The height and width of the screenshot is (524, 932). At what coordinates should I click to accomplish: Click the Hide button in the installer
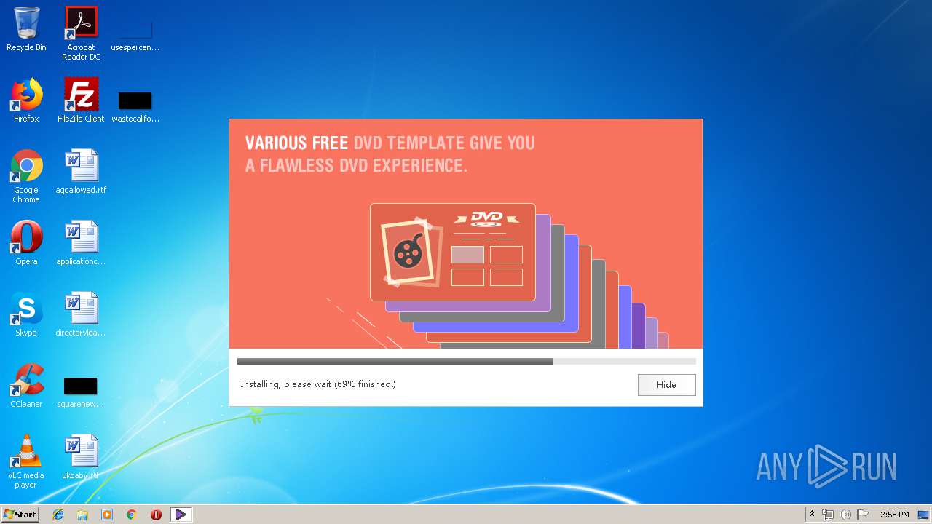click(666, 385)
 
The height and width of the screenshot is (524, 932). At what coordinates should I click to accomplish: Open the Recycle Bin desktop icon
click(26, 23)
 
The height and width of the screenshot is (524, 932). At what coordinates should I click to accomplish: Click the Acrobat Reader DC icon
click(81, 23)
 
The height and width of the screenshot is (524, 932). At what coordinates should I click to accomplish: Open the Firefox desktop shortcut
click(26, 95)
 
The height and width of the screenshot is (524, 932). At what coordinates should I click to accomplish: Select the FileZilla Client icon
click(81, 95)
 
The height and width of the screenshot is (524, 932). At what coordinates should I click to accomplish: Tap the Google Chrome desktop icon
click(26, 166)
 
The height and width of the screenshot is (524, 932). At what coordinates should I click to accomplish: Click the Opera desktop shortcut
click(26, 237)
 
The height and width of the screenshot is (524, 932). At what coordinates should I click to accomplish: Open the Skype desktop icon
click(26, 309)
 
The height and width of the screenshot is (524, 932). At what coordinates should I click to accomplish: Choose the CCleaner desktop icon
click(26, 380)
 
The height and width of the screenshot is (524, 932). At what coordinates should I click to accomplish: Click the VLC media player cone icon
click(26, 451)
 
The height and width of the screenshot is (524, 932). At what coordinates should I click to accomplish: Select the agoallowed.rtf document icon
click(81, 166)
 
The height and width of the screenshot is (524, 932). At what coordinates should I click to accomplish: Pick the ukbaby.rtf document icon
click(81, 451)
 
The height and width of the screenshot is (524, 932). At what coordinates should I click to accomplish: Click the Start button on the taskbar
click(20, 515)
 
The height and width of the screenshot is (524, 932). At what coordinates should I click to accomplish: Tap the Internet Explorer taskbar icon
click(58, 515)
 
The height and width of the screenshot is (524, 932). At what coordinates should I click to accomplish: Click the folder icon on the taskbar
click(82, 515)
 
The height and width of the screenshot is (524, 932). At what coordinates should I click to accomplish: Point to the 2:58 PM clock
click(894, 515)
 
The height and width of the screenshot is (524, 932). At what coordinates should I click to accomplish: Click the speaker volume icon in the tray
click(845, 515)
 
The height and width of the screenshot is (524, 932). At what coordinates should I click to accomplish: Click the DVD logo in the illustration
click(486, 218)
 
